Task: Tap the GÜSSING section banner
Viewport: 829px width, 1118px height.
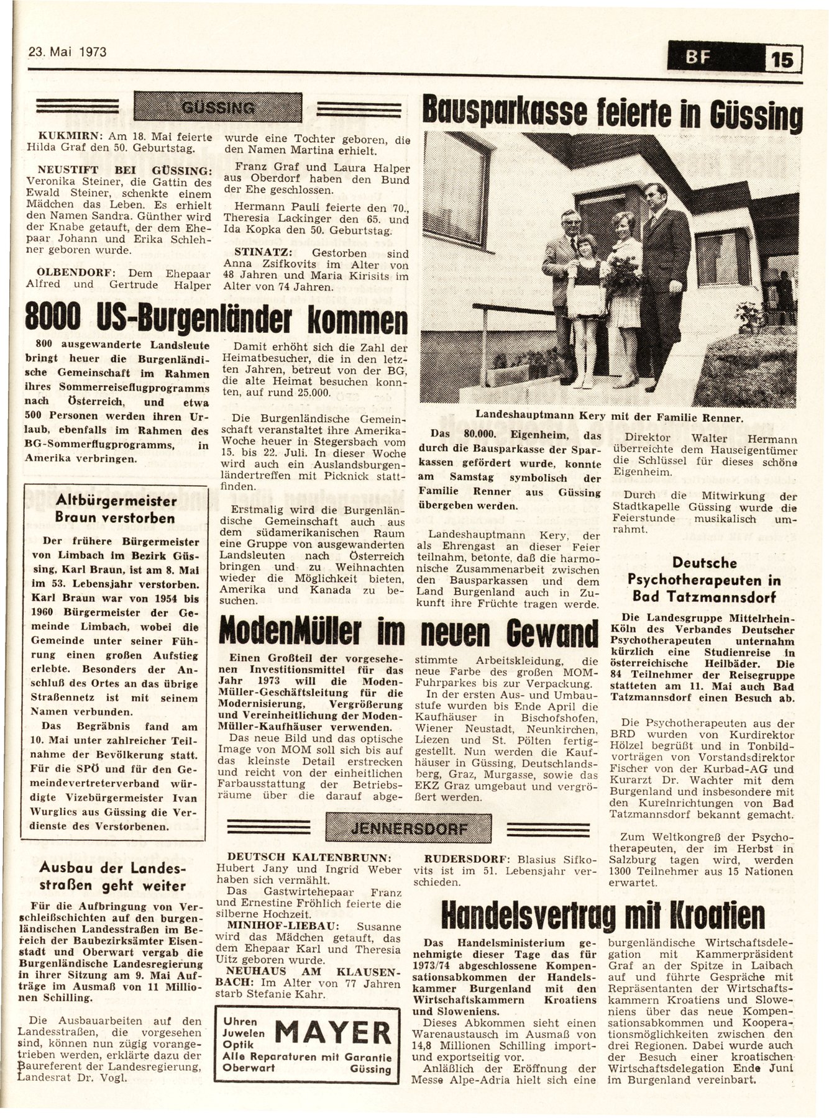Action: click(x=218, y=107)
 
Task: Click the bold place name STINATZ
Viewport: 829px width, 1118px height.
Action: click(x=257, y=253)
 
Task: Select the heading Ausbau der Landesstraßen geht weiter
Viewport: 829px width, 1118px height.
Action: click(x=114, y=876)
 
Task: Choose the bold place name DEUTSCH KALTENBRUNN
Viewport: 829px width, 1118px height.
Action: click(x=309, y=856)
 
